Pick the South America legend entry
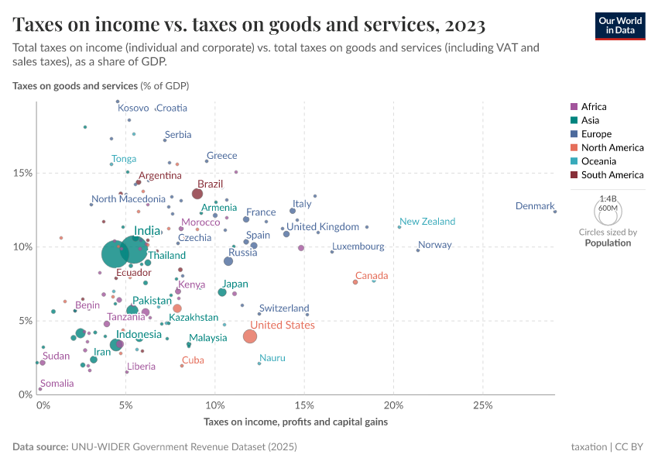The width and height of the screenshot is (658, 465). tap(607, 175)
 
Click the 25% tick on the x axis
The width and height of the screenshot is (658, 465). tap(482, 405)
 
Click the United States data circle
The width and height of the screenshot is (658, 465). tap(250, 336)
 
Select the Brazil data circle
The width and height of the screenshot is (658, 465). tap(197, 194)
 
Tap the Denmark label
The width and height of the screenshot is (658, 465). tap(535, 206)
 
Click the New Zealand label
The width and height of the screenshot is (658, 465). tap(427, 222)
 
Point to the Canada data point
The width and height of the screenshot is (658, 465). tap(355, 282)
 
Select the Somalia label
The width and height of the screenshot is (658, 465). tap(57, 384)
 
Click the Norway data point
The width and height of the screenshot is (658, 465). tap(418, 250)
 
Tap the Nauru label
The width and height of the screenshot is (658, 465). tap(272, 358)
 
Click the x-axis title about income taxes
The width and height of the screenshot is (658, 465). tap(296, 422)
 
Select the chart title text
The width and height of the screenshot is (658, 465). tap(249, 25)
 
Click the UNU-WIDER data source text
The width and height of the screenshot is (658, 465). tap(183, 447)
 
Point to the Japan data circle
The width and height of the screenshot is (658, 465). tap(222, 292)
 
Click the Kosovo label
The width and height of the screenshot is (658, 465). tap(133, 108)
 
